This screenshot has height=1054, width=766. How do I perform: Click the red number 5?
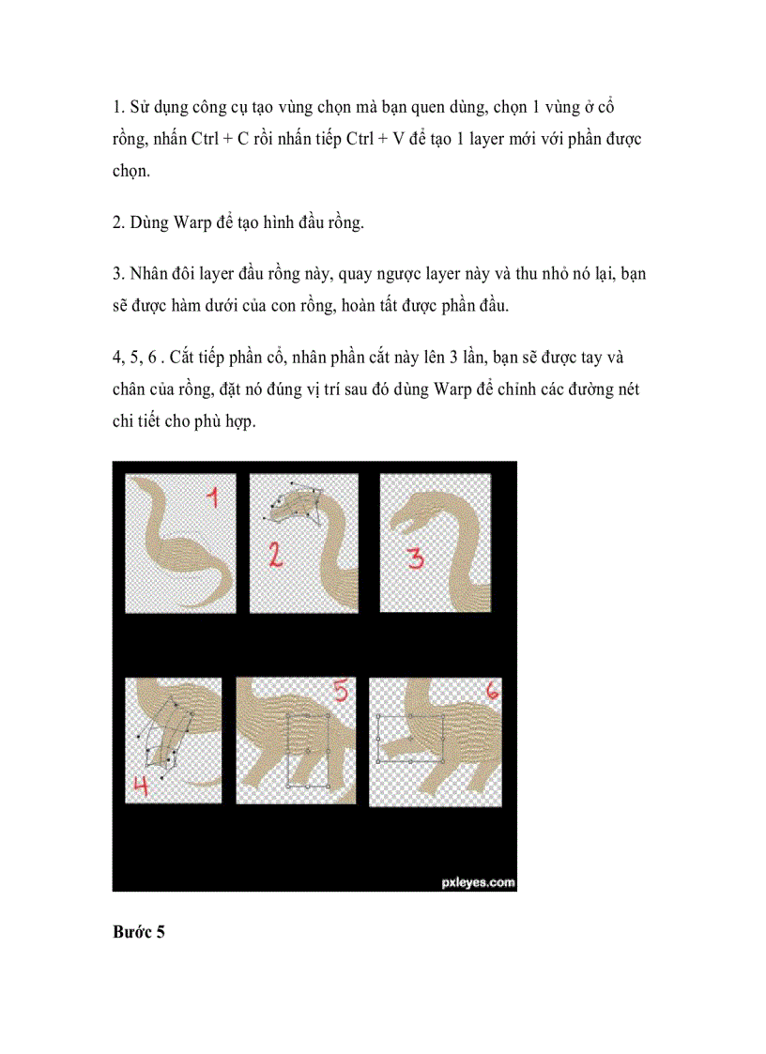tap(339, 695)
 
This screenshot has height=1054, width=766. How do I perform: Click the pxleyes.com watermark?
tap(477, 881)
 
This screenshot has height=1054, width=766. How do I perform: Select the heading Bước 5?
tap(139, 932)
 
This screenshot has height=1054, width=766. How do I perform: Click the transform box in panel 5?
tap(308, 749)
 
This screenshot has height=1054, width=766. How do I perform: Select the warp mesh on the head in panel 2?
tap(294, 501)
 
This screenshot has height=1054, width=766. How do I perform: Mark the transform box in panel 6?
tap(410, 738)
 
